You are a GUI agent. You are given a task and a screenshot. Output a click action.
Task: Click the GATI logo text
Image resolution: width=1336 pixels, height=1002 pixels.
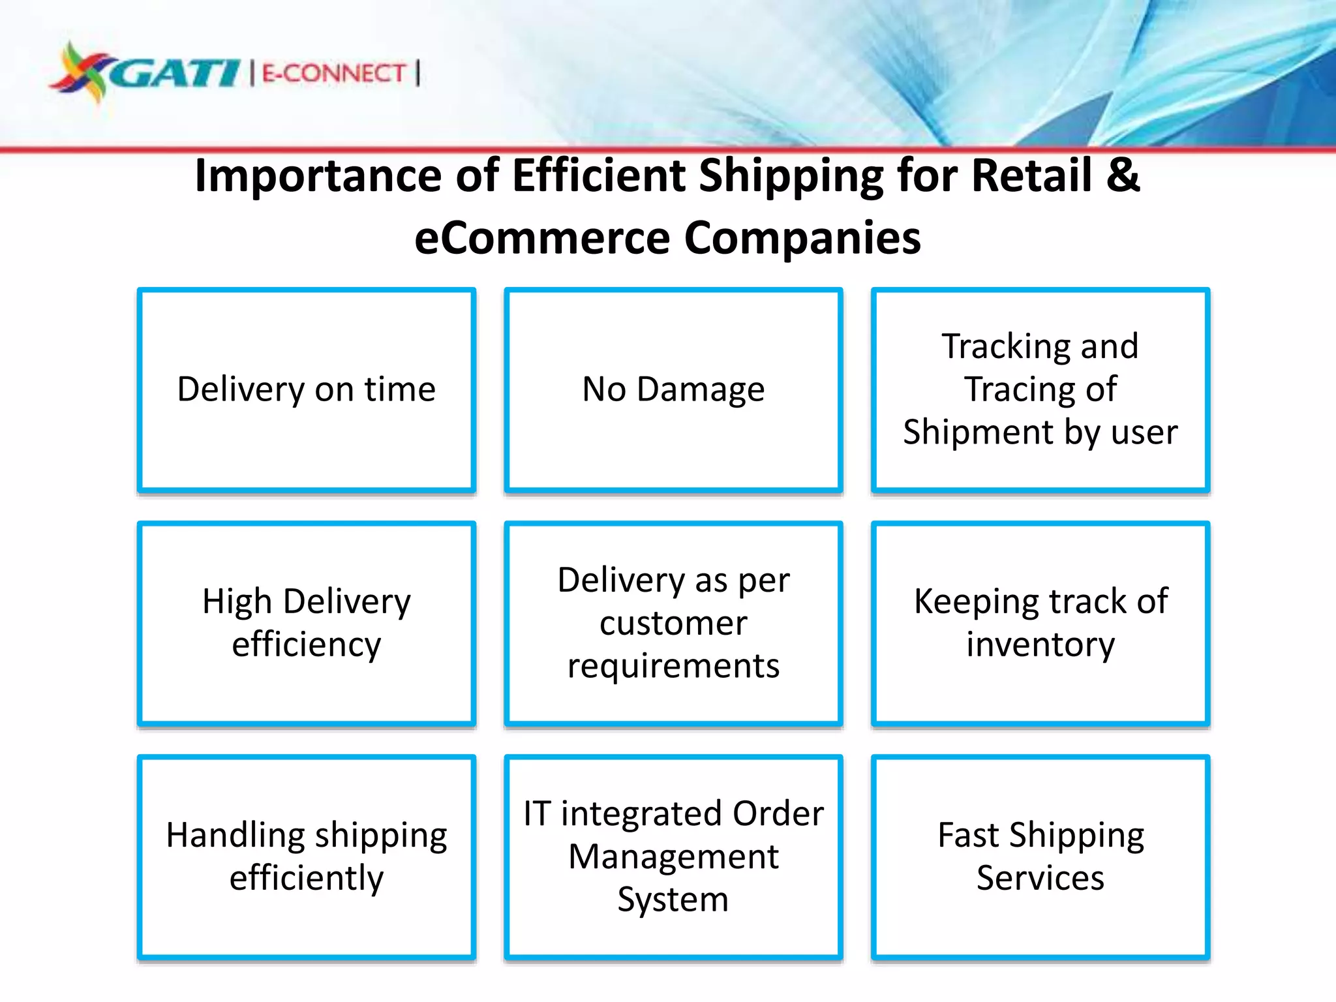click(175, 73)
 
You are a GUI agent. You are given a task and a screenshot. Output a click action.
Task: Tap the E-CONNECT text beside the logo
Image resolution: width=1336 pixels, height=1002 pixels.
click(334, 73)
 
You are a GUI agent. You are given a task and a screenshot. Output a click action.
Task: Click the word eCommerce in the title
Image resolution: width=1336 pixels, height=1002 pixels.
click(541, 237)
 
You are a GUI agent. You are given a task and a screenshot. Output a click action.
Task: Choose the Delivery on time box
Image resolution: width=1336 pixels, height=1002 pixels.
click(307, 389)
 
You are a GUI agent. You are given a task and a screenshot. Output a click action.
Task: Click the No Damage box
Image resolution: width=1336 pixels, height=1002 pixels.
click(673, 389)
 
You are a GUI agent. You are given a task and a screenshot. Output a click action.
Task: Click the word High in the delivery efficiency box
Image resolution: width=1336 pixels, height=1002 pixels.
click(236, 601)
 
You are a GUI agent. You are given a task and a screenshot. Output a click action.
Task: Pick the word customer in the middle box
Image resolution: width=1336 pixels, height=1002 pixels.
click(673, 623)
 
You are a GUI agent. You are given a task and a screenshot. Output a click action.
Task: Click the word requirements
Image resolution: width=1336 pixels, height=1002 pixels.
click(673, 666)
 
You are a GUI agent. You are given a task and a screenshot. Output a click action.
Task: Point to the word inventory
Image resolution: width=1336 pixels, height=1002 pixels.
click(1040, 645)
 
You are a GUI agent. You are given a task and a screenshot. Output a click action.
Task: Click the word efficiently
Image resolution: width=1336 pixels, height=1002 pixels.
click(307, 878)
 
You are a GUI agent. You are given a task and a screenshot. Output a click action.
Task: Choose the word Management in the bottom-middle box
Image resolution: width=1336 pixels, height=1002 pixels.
click(673, 857)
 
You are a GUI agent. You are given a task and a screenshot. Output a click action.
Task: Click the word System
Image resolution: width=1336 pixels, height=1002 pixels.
click(673, 900)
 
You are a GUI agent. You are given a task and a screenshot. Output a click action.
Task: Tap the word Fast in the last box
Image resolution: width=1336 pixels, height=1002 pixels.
click(968, 835)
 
